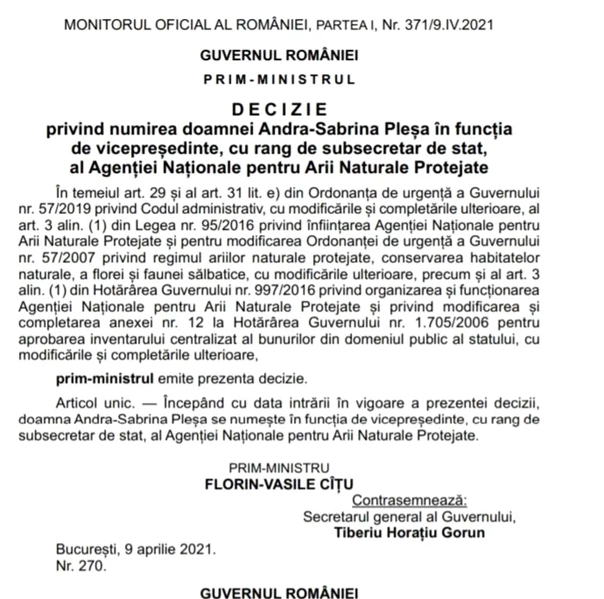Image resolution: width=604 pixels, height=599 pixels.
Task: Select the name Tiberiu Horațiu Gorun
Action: pyautogui.click(x=411, y=532)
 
